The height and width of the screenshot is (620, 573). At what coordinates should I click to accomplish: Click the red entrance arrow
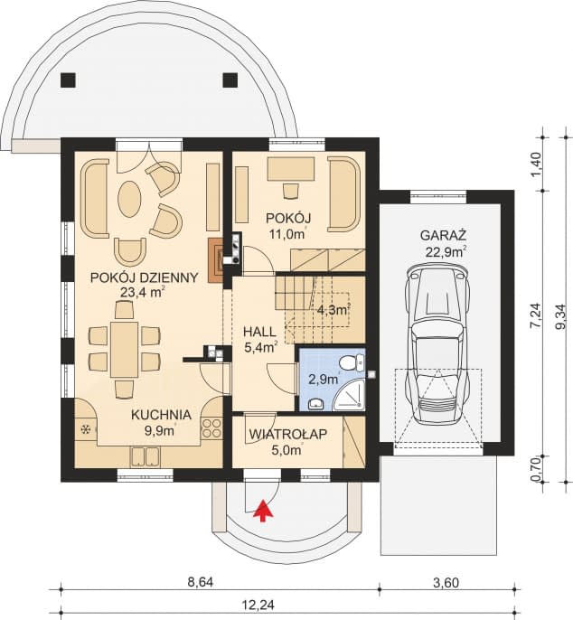(263, 512)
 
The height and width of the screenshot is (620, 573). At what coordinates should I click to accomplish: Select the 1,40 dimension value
(535, 164)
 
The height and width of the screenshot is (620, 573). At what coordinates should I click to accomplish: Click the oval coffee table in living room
(130, 196)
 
